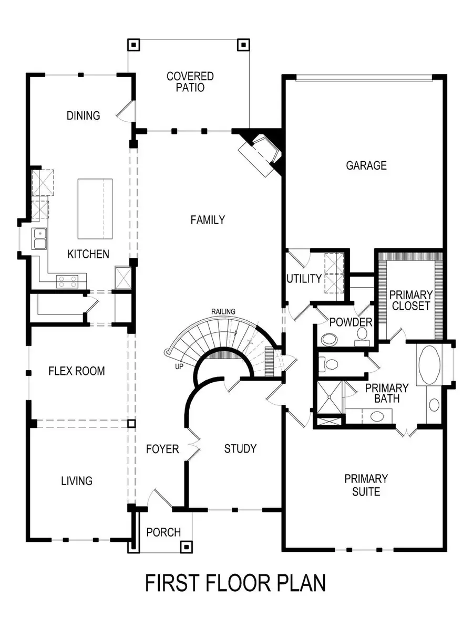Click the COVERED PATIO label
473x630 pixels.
[x=190, y=82]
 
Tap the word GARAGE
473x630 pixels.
[x=366, y=165]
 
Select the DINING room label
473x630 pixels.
[x=84, y=115]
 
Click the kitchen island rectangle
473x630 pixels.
[x=95, y=208]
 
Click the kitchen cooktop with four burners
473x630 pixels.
[x=67, y=281]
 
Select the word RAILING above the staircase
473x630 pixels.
[x=223, y=311]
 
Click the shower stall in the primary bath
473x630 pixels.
[x=330, y=397]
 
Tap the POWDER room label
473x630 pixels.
[x=351, y=322]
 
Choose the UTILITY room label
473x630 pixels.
[x=304, y=278]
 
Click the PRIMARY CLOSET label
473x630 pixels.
[x=411, y=300]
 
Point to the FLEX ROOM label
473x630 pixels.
[x=77, y=371]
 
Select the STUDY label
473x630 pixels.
[x=240, y=448]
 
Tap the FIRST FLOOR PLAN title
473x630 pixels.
[x=235, y=583]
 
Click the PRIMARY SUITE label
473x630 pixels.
[x=366, y=485]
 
